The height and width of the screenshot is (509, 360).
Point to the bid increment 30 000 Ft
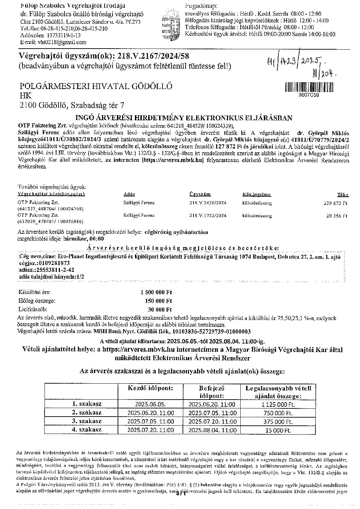(160, 310)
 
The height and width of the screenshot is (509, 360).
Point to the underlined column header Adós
(129, 194)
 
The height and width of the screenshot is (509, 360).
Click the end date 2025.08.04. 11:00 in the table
(212, 430)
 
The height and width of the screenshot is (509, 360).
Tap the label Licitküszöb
(33, 310)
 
